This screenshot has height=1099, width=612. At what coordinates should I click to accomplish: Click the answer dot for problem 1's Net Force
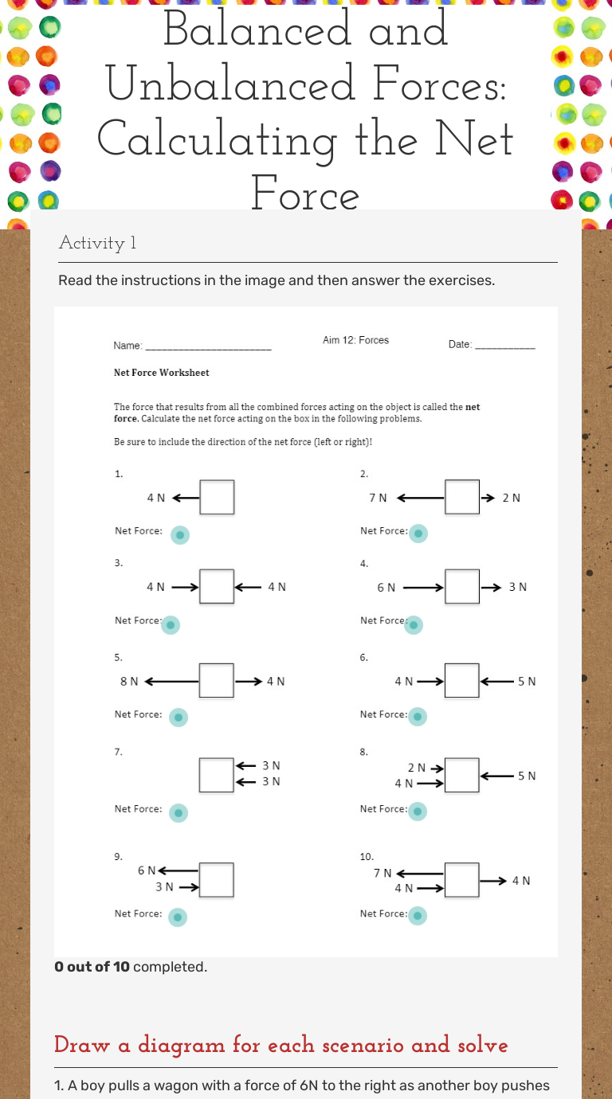[x=181, y=534]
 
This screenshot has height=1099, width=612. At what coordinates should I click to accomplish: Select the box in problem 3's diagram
[x=217, y=587]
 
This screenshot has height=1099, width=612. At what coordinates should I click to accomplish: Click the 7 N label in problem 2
[x=378, y=498]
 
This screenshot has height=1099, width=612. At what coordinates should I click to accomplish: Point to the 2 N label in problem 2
[x=511, y=498]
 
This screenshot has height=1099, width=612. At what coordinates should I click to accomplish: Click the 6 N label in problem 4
[x=386, y=587]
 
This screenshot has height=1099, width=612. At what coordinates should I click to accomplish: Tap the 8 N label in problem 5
[x=129, y=681]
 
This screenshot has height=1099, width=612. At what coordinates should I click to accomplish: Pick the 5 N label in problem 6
[x=526, y=681]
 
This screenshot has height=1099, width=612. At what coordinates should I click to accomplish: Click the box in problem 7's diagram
[x=217, y=775]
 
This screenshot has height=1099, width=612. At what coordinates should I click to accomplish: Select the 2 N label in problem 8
[x=417, y=768]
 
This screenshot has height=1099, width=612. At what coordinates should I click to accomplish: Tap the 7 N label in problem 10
[x=382, y=873]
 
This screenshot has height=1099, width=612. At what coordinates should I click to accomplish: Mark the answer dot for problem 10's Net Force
[x=418, y=917]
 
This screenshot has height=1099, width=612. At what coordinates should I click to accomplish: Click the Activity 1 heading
[x=97, y=243]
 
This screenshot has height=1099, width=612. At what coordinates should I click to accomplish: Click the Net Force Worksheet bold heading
[x=162, y=372]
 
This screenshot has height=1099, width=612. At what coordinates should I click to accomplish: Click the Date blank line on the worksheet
[x=505, y=346]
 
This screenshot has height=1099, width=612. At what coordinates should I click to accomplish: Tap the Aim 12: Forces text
[x=355, y=340]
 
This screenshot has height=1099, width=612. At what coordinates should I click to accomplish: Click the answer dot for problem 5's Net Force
[x=179, y=718]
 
